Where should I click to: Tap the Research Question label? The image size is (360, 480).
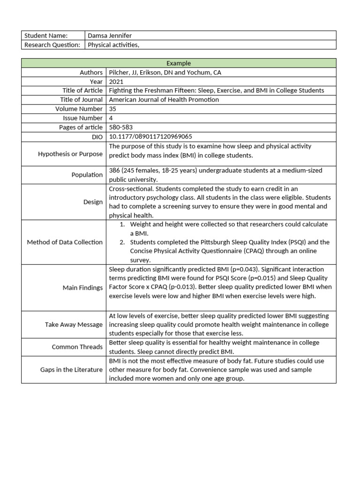(x=52, y=45)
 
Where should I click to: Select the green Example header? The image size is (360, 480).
(x=179, y=63)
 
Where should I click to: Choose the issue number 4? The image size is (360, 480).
(x=111, y=118)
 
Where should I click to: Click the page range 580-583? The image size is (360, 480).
(x=121, y=127)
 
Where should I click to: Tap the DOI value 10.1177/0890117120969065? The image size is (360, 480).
(x=150, y=136)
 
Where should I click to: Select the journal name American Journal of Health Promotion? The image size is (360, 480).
(x=164, y=100)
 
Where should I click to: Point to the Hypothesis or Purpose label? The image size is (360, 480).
(x=70, y=153)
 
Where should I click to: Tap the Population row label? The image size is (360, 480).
(x=87, y=175)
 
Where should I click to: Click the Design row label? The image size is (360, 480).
(x=93, y=202)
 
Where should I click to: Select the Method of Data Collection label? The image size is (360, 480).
(x=65, y=242)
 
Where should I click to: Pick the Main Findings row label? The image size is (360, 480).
(x=82, y=288)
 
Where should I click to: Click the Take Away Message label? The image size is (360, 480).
(x=74, y=324)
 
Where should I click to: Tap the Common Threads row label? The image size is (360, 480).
(x=77, y=347)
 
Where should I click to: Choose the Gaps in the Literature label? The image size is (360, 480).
(x=71, y=370)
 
